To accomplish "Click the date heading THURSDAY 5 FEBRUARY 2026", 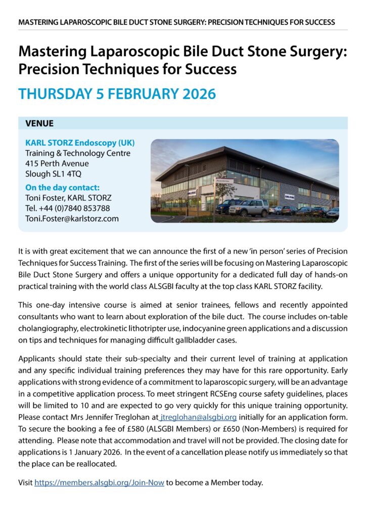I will (117, 94).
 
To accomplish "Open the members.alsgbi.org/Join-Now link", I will (99, 482).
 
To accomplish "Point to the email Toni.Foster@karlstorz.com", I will (72, 219).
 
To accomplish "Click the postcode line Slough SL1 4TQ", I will (53, 174).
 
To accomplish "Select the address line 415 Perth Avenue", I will (57, 163).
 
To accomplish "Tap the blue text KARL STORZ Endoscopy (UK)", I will (80, 142).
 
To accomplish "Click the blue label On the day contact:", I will (62, 187).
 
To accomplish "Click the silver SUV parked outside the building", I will (249, 207).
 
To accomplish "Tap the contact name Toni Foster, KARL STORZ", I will (68, 197).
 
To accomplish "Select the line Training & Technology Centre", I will (78, 153).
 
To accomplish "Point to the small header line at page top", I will (176, 22).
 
